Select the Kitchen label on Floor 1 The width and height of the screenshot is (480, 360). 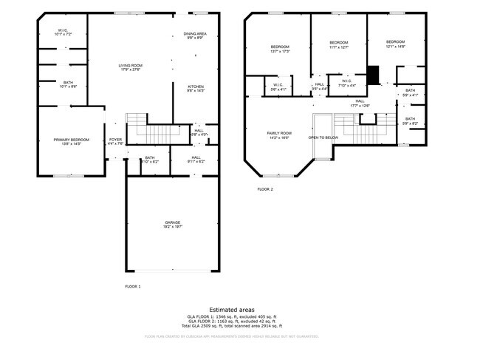[196, 88]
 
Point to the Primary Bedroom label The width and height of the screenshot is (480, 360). [71, 140]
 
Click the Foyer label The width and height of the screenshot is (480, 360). [115, 140]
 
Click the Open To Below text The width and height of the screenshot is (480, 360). [323, 137]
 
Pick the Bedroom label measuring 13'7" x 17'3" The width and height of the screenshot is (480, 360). [280, 49]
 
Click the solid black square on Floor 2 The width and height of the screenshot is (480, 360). [373, 75]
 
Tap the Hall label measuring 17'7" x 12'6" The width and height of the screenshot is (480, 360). [360, 103]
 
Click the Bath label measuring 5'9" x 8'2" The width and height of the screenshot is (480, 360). [410, 120]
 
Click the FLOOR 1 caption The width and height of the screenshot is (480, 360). [133, 286]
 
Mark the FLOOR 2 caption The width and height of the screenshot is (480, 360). [265, 189]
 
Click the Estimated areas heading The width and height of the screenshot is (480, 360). [231, 310]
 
